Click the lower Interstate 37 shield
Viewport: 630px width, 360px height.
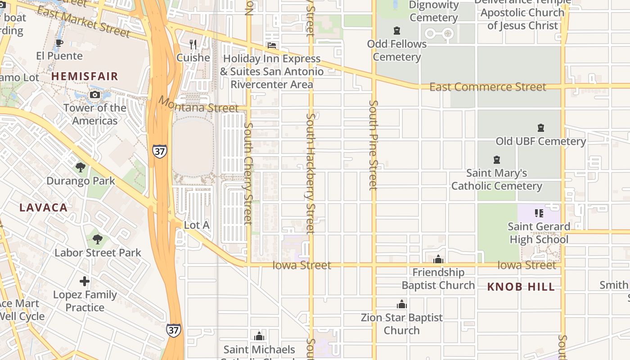pos(174,330)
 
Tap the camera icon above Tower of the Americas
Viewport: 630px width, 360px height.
pos(95,94)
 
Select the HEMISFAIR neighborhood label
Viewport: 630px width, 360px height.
pos(85,76)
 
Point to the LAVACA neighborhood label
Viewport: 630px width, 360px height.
pos(44,207)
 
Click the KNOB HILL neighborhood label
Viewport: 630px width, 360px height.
pos(521,287)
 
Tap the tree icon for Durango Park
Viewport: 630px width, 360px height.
pos(81,167)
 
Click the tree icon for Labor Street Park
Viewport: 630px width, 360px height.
pos(98,239)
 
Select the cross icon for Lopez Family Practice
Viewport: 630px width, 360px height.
pos(85,282)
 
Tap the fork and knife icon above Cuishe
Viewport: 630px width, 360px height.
pos(193,44)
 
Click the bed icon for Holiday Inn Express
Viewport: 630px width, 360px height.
pos(271,45)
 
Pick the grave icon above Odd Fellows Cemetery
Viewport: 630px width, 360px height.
pos(396,31)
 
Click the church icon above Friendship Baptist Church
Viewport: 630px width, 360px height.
pos(438,259)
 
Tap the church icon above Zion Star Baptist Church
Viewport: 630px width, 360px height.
pos(402,304)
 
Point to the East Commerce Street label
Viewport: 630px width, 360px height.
pos(488,87)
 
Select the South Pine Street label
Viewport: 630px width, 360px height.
pos(373,145)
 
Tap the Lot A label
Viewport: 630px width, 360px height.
pos(197,225)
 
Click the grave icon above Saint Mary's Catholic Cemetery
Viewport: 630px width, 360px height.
pos(497,159)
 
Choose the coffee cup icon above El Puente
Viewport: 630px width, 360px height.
pos(59,43)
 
